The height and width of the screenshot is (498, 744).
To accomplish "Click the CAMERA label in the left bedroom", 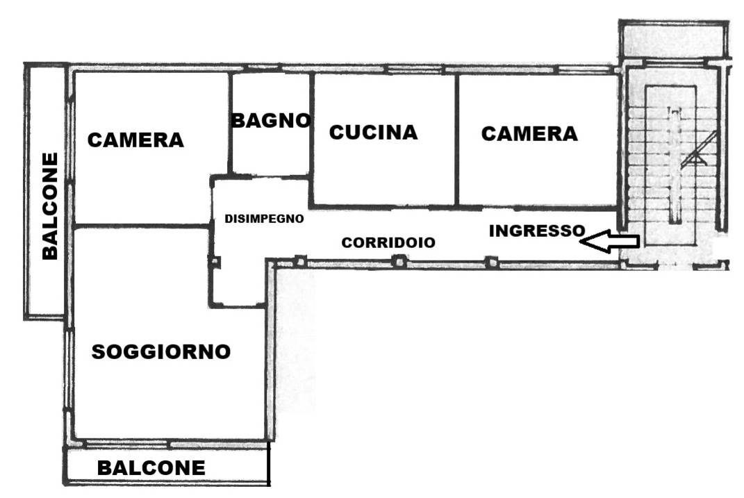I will (135, 140).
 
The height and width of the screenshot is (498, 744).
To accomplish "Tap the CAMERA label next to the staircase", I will (529, 133).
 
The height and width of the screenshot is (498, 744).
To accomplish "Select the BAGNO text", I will (270, 121).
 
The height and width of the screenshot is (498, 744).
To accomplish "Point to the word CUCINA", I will (373, 133).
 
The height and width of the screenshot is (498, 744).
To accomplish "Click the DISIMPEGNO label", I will (264, 218).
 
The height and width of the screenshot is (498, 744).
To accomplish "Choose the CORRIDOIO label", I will (388, 243).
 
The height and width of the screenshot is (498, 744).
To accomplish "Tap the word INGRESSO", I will (536, 231).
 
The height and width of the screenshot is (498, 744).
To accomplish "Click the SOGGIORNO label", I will (161, 352).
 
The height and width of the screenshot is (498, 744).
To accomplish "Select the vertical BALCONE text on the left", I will (50, 206).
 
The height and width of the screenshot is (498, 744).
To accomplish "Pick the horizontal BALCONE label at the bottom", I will (151, 468).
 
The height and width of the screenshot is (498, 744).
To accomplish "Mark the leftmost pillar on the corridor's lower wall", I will (299, 262).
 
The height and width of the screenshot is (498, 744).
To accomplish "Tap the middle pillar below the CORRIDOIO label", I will (399, 262).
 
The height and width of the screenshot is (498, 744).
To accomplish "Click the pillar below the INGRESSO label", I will (491, 263).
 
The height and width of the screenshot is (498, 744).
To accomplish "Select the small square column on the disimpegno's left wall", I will (215, 262).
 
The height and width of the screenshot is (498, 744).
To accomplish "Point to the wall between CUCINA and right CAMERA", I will (456, 140).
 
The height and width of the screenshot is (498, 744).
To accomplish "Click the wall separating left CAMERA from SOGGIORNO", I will (142, 226).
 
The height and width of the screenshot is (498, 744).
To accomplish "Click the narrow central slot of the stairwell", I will (672, 167).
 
